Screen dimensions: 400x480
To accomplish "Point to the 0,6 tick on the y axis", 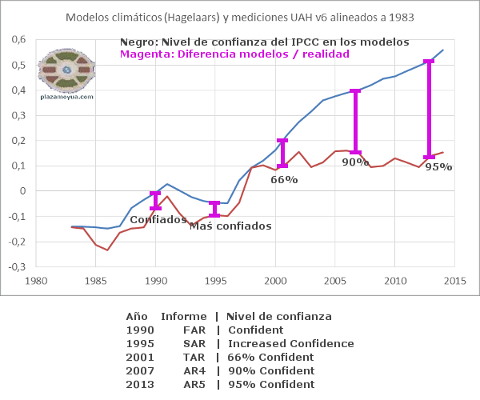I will click(18, 40).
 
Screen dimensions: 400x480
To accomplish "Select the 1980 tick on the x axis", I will click(35, 282).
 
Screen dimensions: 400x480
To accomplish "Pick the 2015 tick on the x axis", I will click(455, 282).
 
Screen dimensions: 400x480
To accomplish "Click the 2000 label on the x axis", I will click(275, 282).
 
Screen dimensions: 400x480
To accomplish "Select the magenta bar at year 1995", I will click(214, 209).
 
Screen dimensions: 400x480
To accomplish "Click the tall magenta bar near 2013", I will click(429, 109).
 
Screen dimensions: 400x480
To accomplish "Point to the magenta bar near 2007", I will click(355, 122).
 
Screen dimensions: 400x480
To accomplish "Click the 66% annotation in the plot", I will click(284, 180).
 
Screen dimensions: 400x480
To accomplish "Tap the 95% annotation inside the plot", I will click(438, 167).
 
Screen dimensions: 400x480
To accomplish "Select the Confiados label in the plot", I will click(158, 219).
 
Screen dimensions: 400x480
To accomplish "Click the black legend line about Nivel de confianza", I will click(264, 42).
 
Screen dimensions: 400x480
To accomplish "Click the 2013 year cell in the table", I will click(139, 384).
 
